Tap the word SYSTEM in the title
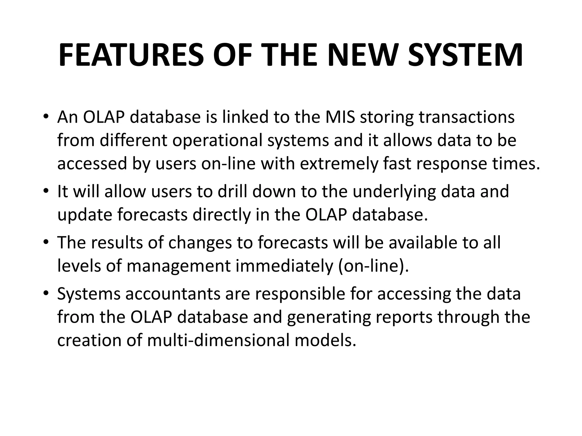tap(465, 55)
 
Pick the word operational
tap(217, 141)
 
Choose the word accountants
tap(173, 294)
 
